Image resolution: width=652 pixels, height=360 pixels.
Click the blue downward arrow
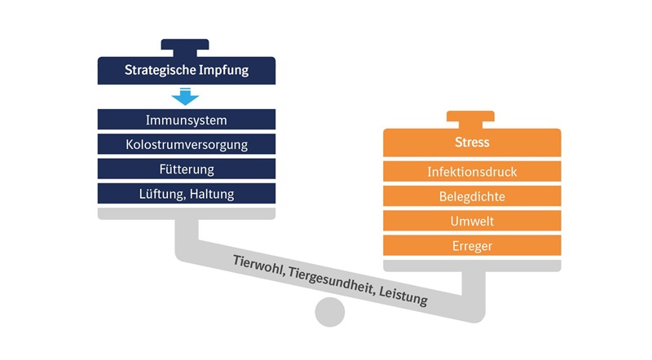point(185,96)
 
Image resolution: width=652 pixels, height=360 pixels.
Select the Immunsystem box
point(187,120)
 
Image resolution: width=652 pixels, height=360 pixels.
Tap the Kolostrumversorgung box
point(187,144)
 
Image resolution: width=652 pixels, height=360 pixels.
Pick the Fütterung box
point(187,169)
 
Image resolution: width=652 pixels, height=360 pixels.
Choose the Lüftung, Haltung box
point(187,194)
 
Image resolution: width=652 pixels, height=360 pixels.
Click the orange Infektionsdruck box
point(472,171)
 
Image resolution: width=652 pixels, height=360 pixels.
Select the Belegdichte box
point(472,196)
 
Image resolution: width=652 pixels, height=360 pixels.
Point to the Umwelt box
point(472,221)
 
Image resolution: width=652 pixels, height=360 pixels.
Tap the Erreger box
point(472,246)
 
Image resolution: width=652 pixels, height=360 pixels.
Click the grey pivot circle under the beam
point(330,312)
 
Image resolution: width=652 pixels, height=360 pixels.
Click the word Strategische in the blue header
point(160,70)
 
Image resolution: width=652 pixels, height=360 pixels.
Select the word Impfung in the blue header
point(223,70)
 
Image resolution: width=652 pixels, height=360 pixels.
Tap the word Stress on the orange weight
point(472,143)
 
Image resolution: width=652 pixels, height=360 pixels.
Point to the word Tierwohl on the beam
point(258,266)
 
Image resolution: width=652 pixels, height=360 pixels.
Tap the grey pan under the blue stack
point(187,213)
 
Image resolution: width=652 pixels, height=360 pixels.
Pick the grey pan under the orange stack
point(472,266)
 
